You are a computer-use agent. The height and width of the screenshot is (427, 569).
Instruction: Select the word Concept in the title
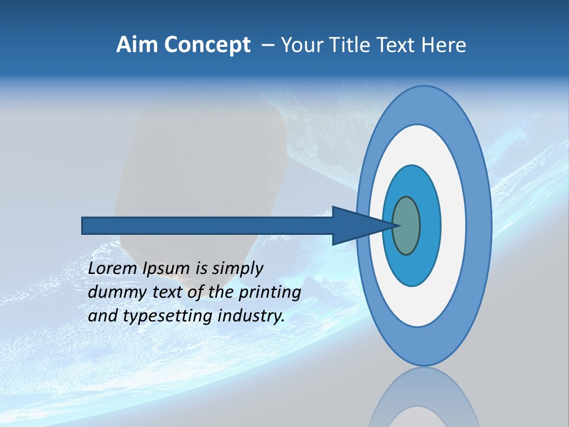coord(207,45)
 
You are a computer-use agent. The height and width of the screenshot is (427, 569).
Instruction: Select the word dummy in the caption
coord(115,292)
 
